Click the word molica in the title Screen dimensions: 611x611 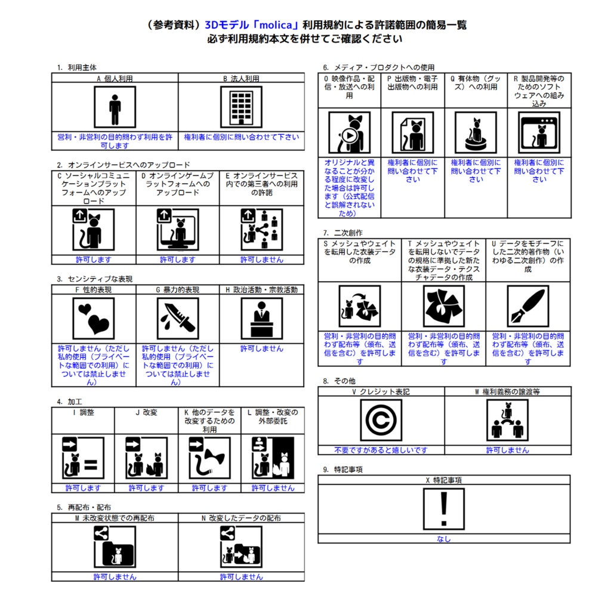click(276, 25)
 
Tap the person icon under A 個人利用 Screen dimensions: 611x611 click(115, 107)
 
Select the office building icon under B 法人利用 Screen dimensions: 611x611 click(241, 107)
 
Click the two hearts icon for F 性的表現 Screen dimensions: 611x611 click(94, 319)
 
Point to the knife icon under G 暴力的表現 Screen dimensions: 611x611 click(178, 319)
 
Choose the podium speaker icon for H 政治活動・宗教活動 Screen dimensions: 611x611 click(262, 319)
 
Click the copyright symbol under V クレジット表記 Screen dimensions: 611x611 click(381, 420)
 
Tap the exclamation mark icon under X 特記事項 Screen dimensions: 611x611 click(444, 509)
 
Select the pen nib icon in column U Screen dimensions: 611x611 click(528, 306)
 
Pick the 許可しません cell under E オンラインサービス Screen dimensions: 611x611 click(262, 260)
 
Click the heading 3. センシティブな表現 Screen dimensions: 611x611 click(95, 279)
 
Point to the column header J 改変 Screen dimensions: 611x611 click(146, 412)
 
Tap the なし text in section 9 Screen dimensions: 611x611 click(444, 539)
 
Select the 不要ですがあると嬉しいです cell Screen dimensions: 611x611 click(381, 450)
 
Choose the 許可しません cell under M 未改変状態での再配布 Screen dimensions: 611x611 click(115, 577)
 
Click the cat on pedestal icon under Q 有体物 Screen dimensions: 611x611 click(476, 132)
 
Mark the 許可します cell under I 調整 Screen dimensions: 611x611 click(83, 488)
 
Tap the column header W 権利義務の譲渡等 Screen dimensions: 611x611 click(507, 391)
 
